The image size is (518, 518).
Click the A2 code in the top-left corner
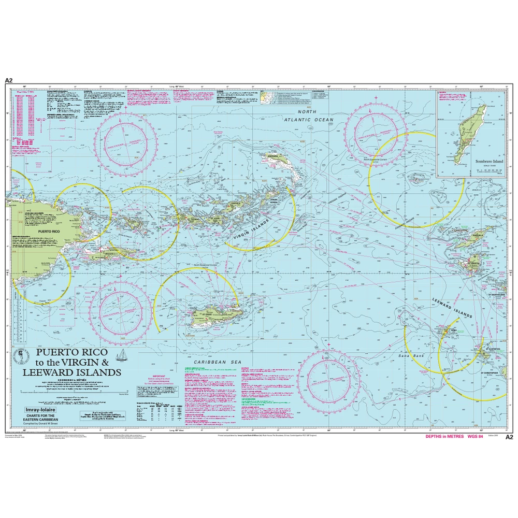pos(8,80)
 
